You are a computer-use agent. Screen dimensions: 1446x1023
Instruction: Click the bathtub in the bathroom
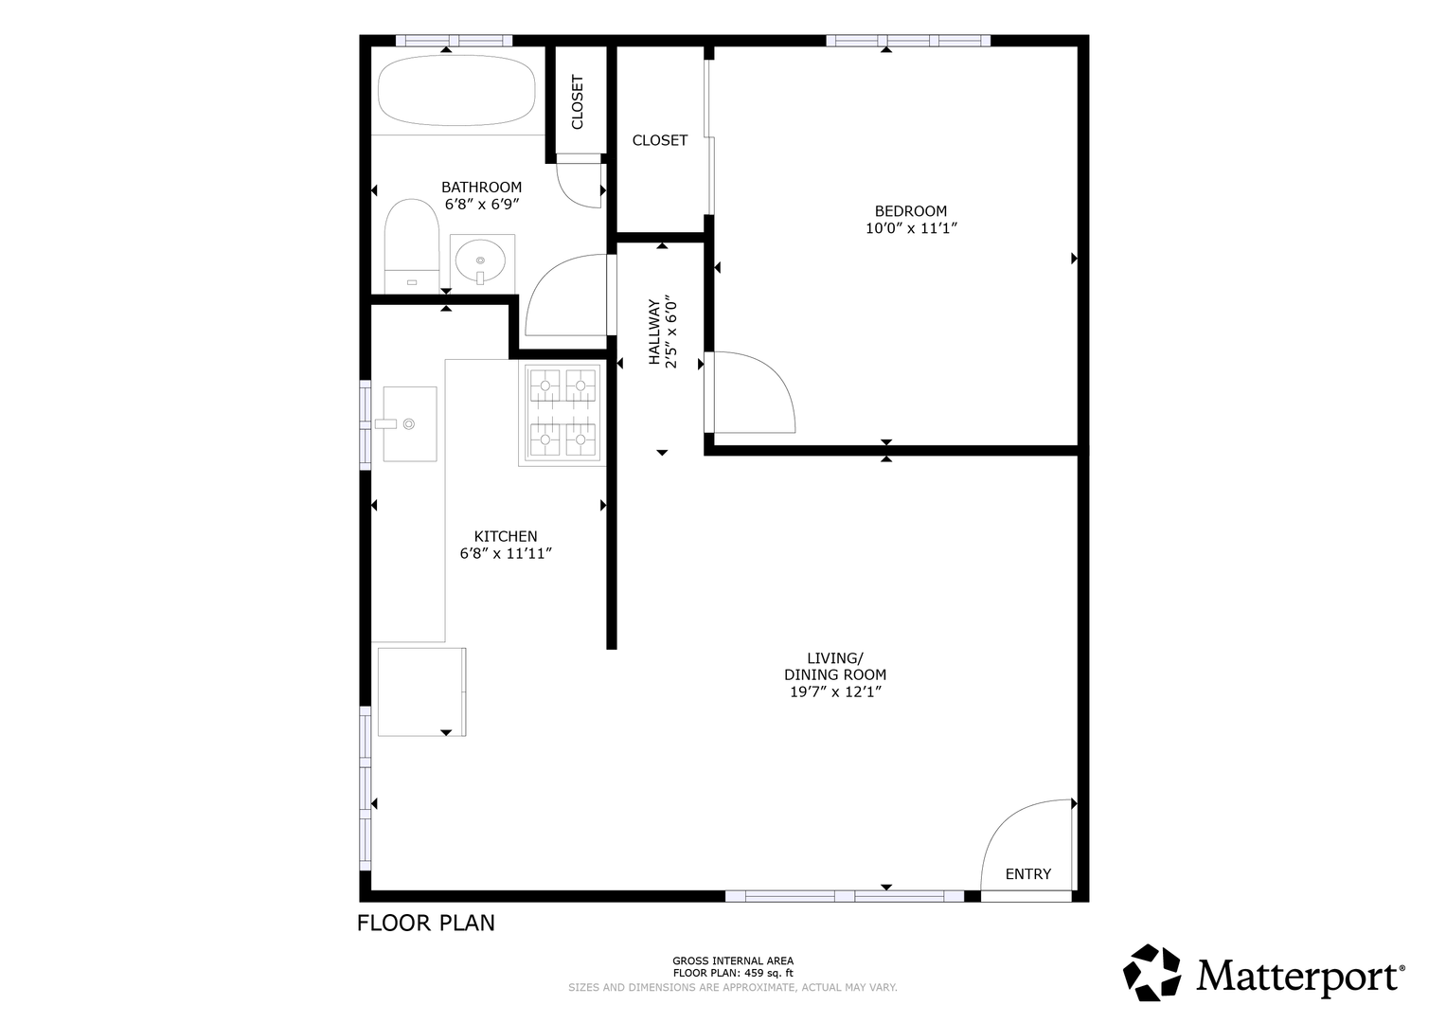[456, 90]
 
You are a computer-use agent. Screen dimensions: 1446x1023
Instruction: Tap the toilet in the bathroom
[412, 246]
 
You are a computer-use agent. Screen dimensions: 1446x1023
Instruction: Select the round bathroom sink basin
[480, 260]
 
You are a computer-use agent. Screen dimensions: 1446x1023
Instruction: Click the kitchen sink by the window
[409, 423]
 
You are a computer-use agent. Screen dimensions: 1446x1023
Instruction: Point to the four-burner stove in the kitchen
[562, 413]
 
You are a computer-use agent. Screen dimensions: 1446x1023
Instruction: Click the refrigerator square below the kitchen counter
[421, 691]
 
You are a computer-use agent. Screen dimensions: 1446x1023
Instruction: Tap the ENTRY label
[1028, 873]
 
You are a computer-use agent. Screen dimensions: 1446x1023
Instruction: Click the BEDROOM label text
[911, 210]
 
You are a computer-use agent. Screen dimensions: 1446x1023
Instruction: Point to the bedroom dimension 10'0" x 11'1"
[911, 228]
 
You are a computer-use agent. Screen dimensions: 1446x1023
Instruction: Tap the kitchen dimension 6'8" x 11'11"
[506, 553]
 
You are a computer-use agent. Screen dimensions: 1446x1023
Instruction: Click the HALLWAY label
[654, 332]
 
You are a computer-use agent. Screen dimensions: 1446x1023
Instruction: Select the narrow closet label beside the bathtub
[577, 102]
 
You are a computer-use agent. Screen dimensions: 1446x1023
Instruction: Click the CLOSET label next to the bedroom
[660, 140]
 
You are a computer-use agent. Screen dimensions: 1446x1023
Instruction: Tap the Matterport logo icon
[1152, 973]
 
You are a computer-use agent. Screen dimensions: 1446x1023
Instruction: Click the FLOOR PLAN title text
[426, 924]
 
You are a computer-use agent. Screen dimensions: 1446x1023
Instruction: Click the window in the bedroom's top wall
[907, 41]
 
